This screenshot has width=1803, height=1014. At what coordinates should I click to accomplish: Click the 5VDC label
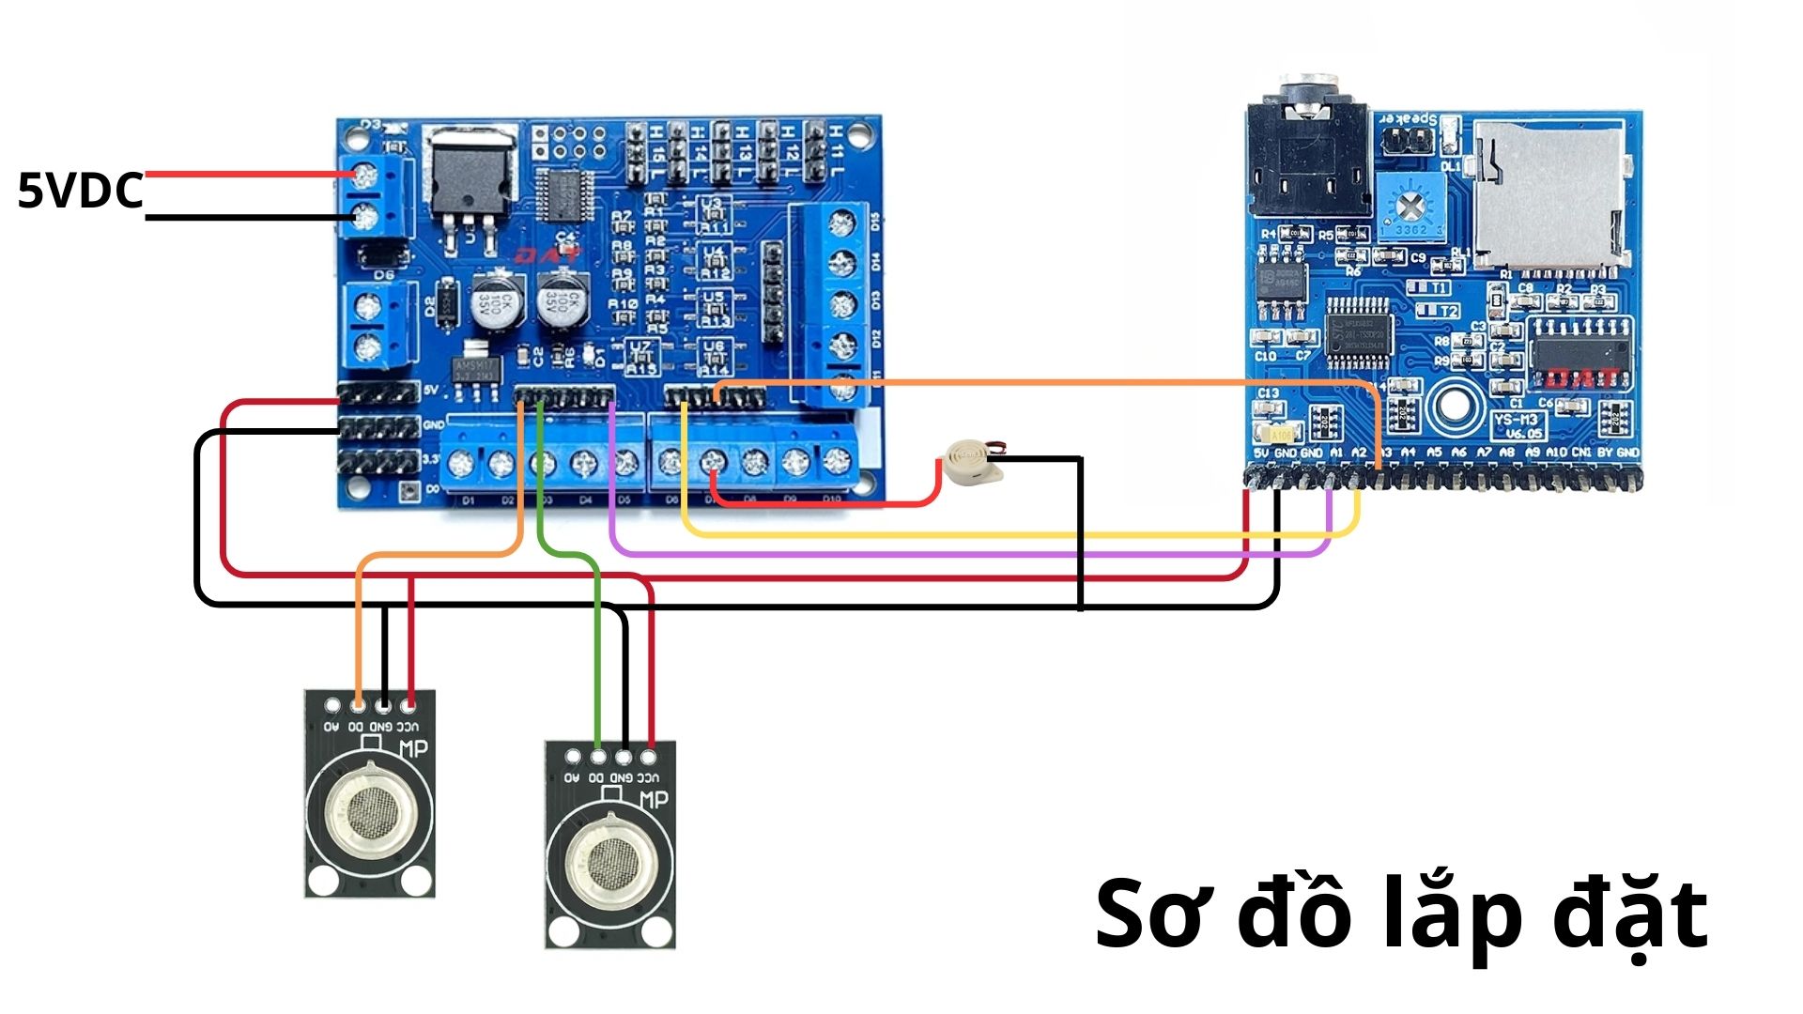tap(81, 191)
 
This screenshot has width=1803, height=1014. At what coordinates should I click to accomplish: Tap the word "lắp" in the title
tap(1452, 916)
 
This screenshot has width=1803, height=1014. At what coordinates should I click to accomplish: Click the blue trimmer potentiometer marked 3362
tap(1410, 206)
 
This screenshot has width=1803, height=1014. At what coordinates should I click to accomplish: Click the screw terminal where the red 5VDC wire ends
tap(364, 175)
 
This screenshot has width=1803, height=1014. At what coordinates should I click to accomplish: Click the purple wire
tap(939, 554)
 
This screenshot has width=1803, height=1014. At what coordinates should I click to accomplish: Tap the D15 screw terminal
tap(843, 223)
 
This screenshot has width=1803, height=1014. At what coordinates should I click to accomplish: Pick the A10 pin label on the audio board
tap(1556, 453)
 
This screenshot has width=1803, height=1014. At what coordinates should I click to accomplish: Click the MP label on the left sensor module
tap(413, 748)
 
